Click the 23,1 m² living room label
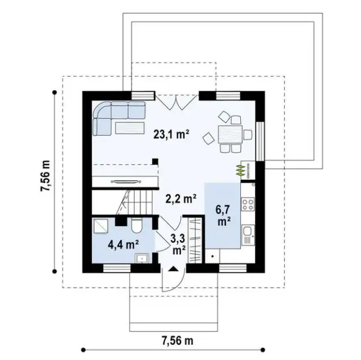pos(171,135)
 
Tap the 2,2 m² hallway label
pos(181,198)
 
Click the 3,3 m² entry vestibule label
pos(178,243)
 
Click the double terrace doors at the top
pos(176,103)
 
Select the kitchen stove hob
pos(248,202)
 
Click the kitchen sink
pos(248,231)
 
